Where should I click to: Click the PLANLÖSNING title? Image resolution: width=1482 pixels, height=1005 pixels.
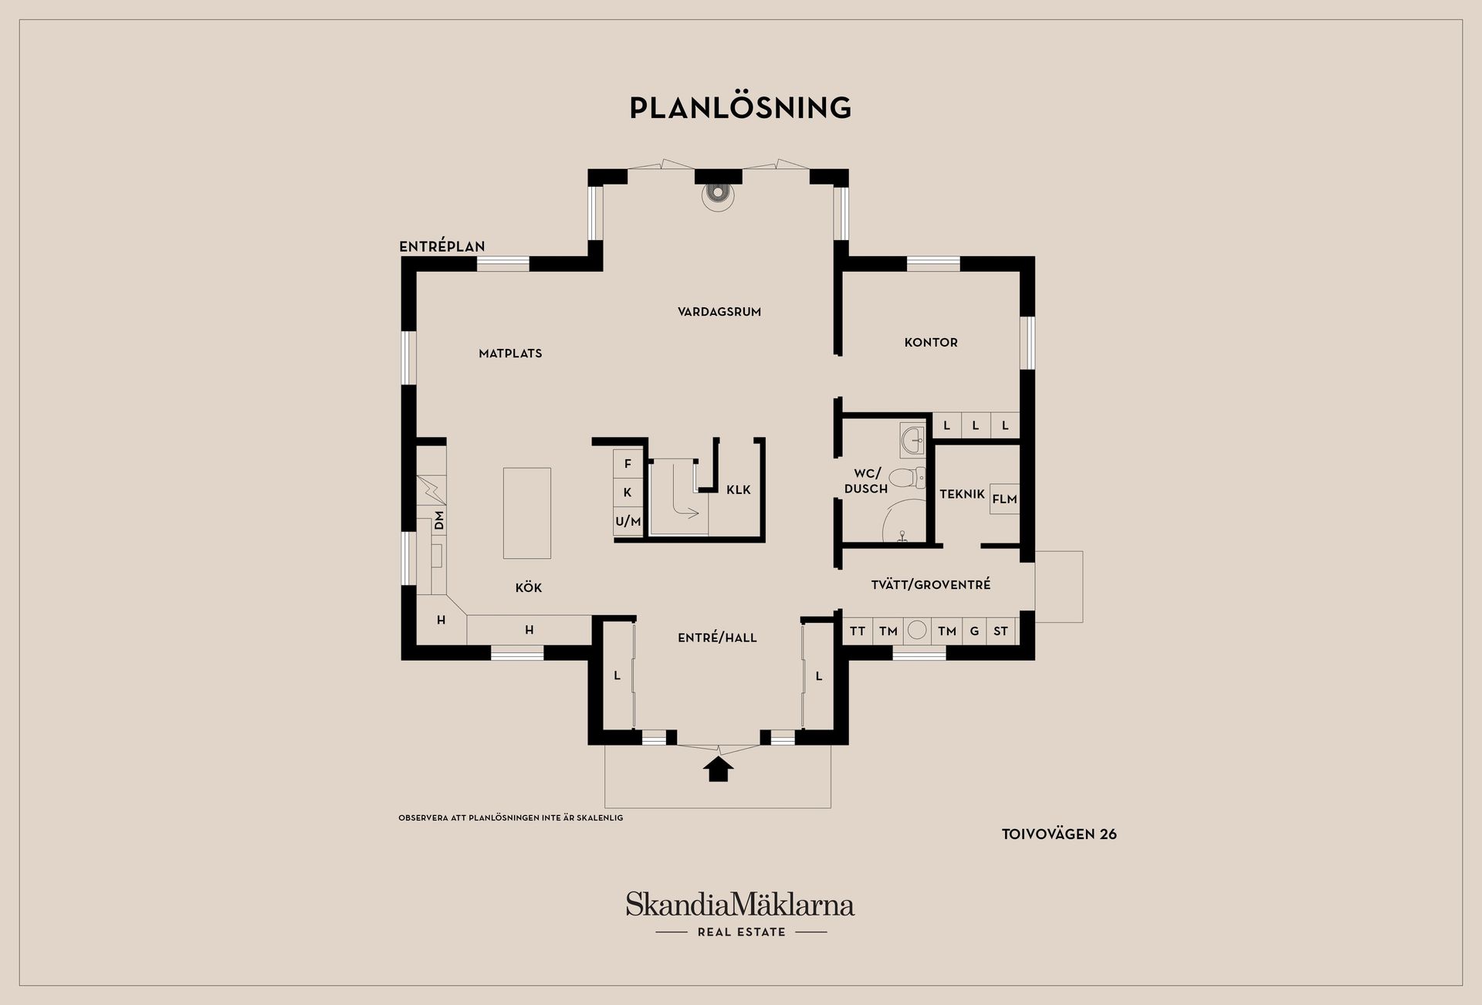pyautogui.click(x=740, y=107)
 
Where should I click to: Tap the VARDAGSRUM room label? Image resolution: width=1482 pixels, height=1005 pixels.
pyautogui.click(x=719, y=312)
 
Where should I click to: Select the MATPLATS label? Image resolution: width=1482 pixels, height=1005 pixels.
pyautogui.click(x=510, y=354)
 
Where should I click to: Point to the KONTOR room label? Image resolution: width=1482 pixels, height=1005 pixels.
pyautogui.click(x=931, y=342)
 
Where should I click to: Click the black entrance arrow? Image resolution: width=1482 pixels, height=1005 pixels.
pyautogui.click(x=719, y=770)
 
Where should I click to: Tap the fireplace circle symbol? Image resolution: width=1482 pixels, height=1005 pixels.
pyautogui.click(x=718, y=196)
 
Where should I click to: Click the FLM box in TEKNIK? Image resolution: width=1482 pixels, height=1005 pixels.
pyautogui.click(x=1004, y=499)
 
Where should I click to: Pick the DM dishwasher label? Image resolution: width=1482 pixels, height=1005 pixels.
pyautogui.click(x=439, y=521)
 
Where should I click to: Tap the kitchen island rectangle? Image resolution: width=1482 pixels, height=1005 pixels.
pyautogui.click(x=527, y=513)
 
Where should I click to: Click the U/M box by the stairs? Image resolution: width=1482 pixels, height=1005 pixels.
pyautogui.click(x=628, y=522)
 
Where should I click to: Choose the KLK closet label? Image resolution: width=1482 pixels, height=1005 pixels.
pyautogui.click(x=739, y=489)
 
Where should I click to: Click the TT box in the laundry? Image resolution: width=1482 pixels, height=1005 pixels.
pyautogui.click(x=858, y=631)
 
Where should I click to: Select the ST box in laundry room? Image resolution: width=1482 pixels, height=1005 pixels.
pyautogui.click(x=1000, y=631)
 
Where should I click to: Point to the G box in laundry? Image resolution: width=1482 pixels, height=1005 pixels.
pyautogui.click(x=974, y=631)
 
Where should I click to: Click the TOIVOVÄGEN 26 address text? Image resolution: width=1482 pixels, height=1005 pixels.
pyautogui.click(x=1059, y=834)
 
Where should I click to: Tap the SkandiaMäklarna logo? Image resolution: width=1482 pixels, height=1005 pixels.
pyautogui.click(x=740, y=913)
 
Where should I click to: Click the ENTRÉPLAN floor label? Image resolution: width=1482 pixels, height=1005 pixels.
pyautogui.click(x=442, y=247)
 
